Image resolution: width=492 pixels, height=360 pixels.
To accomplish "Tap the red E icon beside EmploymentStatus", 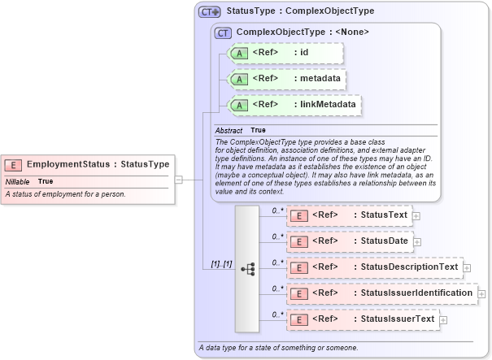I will pos(15,164).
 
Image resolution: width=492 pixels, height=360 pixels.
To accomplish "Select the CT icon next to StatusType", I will pos(210,12).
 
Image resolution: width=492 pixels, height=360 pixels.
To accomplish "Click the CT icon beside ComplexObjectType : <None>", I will pos(222,33).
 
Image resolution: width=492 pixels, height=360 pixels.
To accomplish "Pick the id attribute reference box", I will pos(285,54).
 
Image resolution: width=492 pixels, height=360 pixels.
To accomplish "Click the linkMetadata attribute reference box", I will pos(294,104).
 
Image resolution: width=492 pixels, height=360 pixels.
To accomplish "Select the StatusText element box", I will pos(350,215).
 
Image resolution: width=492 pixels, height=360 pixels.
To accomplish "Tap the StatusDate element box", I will pos(350,241).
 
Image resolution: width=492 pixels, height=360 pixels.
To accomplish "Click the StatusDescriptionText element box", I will pos(375,267).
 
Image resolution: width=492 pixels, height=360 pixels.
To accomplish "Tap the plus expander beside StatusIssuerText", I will pos(443,320).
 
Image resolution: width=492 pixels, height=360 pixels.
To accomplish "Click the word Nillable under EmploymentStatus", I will pos(18,181).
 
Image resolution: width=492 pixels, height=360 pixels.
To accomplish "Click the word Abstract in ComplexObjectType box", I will pos(229,130).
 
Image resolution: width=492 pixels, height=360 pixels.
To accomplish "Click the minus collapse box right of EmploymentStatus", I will pos(179,180).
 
